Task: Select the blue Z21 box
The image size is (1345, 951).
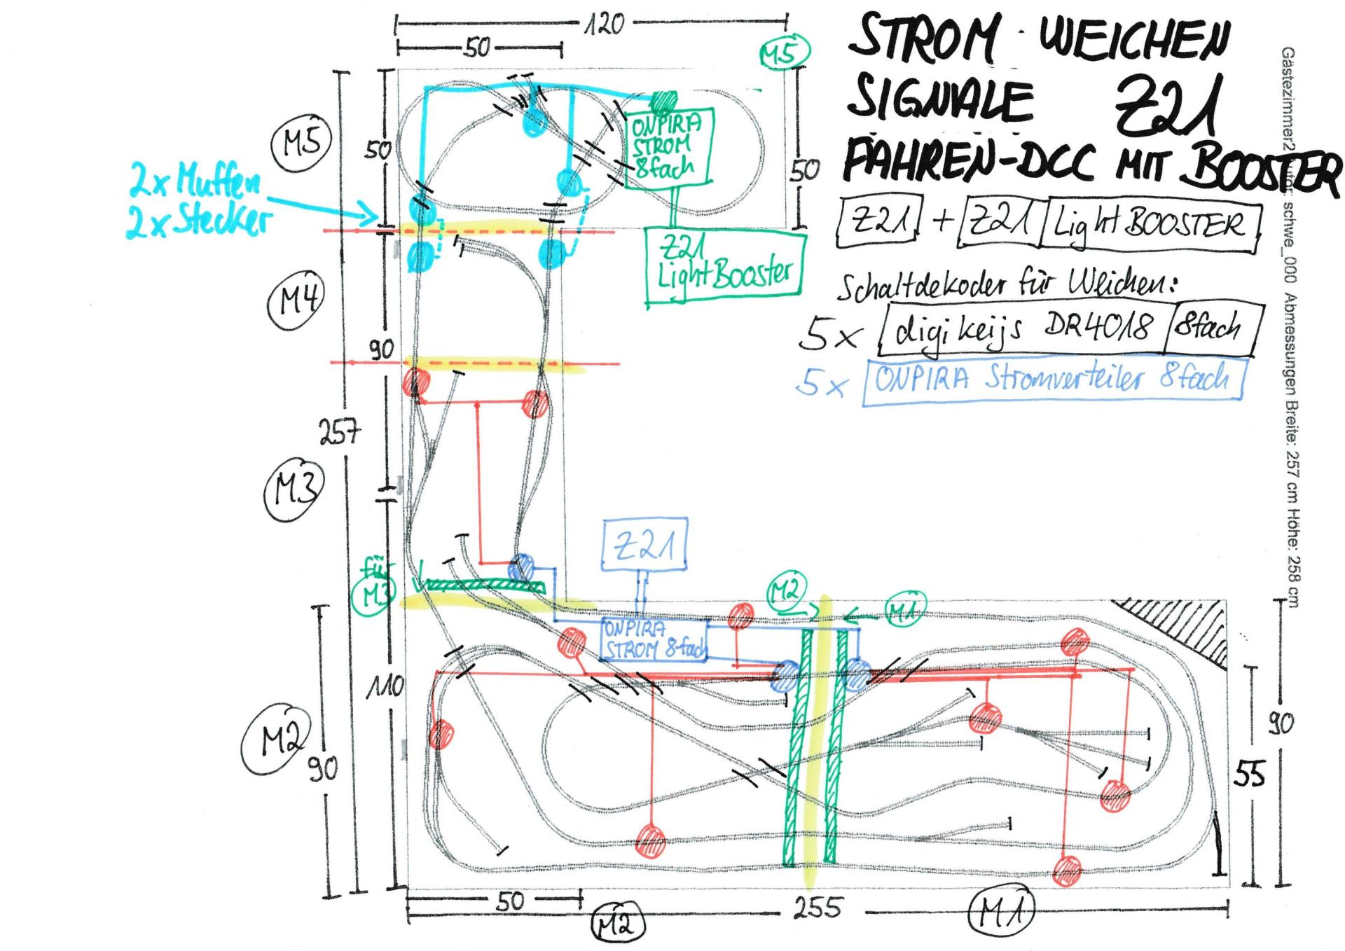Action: [644, 545]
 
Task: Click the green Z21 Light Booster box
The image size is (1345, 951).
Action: [725, 268]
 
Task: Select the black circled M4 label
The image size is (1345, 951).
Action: [297, 302]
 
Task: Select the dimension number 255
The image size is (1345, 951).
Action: [817, 908]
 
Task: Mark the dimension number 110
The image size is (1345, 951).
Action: [385, 687]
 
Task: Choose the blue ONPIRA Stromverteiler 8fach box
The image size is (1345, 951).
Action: [1054, 380]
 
